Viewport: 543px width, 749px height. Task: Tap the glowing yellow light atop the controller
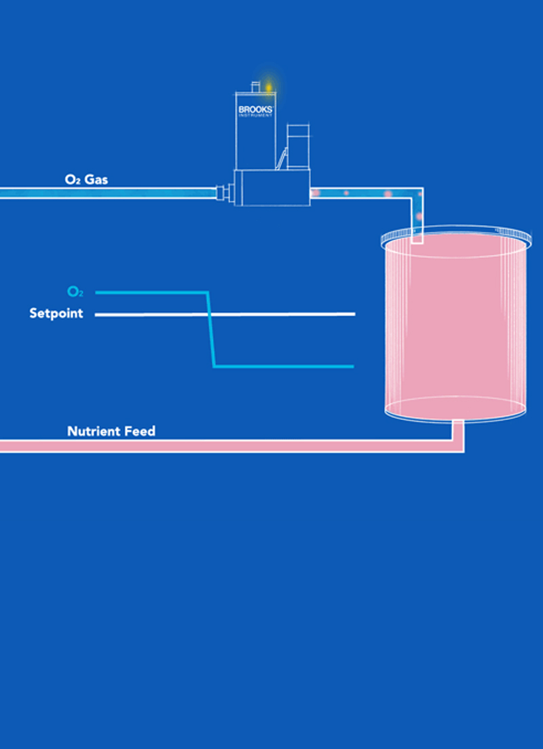(x=268, y=88)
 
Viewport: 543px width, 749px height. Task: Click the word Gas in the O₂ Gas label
(x=96, y=180)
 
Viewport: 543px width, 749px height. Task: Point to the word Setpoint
(x=56, y=314)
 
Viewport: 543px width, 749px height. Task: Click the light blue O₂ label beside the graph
(x=75, y=292)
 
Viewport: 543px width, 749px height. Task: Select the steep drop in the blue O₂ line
(x=210, y=329)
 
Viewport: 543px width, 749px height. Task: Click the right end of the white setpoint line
(x=354, y=314)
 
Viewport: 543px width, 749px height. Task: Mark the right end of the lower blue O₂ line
(x=352, y=366)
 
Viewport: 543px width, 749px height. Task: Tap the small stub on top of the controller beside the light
(x=255, y=87)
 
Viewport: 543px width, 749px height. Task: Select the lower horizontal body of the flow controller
(x=271, y=189)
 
